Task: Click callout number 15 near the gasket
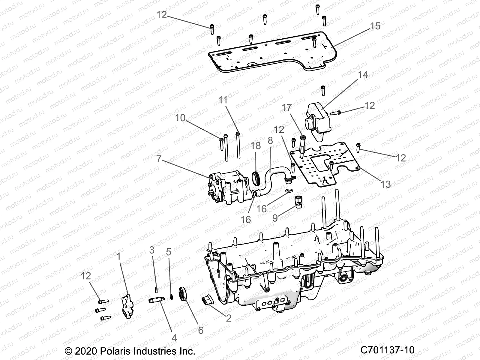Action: tap(375, 26)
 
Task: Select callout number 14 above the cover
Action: tap(363, 75)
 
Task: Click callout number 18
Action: tap(256, 146)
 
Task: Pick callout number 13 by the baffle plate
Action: tap(386, 184)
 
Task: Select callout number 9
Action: tap(275, 217)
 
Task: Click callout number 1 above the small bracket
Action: tap(119, 256)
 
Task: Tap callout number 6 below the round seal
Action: tap(200, 330)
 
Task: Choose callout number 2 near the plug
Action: tap(229, 318)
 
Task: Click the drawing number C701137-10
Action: tap(387, 350)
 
